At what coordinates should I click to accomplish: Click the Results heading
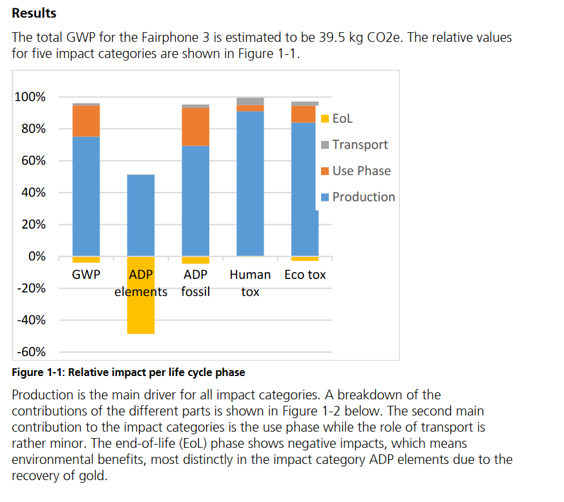click(34, 13)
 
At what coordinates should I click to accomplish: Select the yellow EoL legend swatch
click(325, 119)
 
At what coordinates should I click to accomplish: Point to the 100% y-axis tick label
click(30, 98)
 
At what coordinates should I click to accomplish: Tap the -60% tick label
click(30, 352)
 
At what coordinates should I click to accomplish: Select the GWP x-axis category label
click(86, 275)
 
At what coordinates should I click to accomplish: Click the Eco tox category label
click(305, 275)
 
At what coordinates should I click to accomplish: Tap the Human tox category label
click(250, 283)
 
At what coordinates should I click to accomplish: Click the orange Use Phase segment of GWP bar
click(86, 121)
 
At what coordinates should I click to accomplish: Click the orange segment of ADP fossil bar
click(196, 127)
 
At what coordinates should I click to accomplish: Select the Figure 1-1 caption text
click(129, 372)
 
